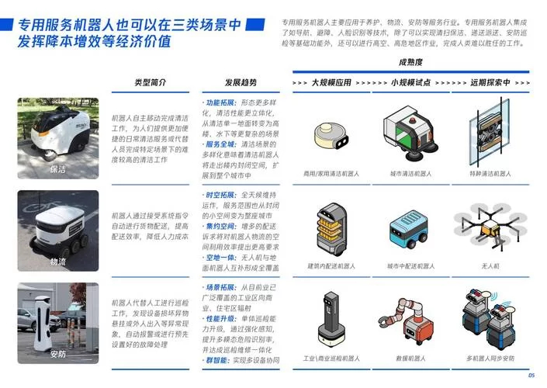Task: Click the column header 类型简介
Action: (x=150, y=82)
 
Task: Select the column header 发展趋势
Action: (x=241, y=82)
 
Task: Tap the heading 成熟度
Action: (x=410, y=61)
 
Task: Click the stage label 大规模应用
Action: (x=331, y=82)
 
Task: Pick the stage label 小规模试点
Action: (x=411, y=82)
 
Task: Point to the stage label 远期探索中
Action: (x=490, y=82)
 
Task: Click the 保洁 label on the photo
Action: (x=58, y=168)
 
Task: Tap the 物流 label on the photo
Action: (x=58, y=262)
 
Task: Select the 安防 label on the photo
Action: (x=58, y=355)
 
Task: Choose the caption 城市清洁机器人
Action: (x=410, y=173)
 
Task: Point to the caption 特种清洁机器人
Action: (x=491, y=173)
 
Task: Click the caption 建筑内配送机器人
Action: (x=331, y=266)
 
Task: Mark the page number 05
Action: (x=531, y=376)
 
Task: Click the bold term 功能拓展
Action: (x=220, y=102)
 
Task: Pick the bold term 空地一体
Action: (x=220, y=257)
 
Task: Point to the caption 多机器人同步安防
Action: (x=491, y=359)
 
